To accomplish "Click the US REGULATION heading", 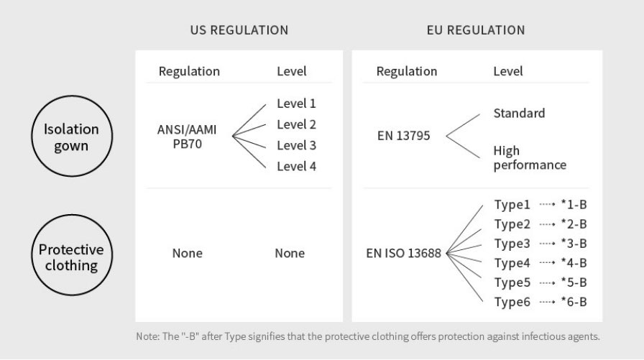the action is click(x=239, y=30).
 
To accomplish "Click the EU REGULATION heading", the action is click(x=476, y=30).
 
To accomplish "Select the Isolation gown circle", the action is click(x=72, y=96).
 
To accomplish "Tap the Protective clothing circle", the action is click(x=72, y=214).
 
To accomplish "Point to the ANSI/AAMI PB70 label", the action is click(x=187, y=137).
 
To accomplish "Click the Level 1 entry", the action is click(x=296, y=103).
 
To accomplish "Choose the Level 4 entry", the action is click(x=296, y=166).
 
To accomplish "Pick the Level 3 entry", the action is click(x=296, y=145).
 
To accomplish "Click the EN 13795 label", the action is click(x=403, y=136).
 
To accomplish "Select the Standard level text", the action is click(x=519, y=113).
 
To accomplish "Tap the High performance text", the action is click(x=530, y=157).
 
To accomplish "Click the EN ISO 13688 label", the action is click(x=403, y=253).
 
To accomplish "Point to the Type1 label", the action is click(x=512, y=204).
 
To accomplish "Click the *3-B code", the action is click(x=574, y=244).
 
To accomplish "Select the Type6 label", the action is click(x=512, y=302).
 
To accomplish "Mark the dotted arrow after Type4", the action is click(x=547, y=263).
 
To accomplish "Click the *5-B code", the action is click(x=574, y=282).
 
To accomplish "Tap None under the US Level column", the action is click(x=290, y=253).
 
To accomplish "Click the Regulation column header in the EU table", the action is click(x=407, y=71).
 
